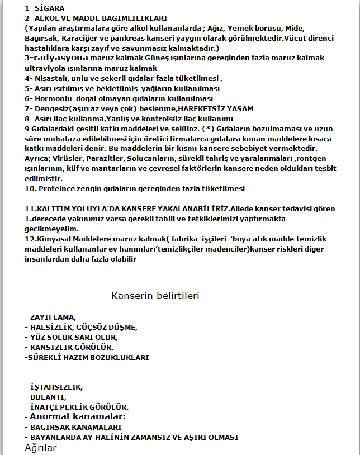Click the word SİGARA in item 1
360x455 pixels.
pyautogui.click(x=50, y=9)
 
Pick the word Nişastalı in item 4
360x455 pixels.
pyautogui.click(x=52, y=79)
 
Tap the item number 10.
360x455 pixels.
pyautogui.click(x=30, y=189)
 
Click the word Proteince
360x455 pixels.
pyautogui.click(x=56, y=189)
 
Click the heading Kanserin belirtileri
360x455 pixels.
pyautogui.click(x=155, y=296)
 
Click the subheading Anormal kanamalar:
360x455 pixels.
pyautogui.click(x=78, y=416)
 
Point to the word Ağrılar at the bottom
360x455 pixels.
pyautogui.click(x=40, y=448)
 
